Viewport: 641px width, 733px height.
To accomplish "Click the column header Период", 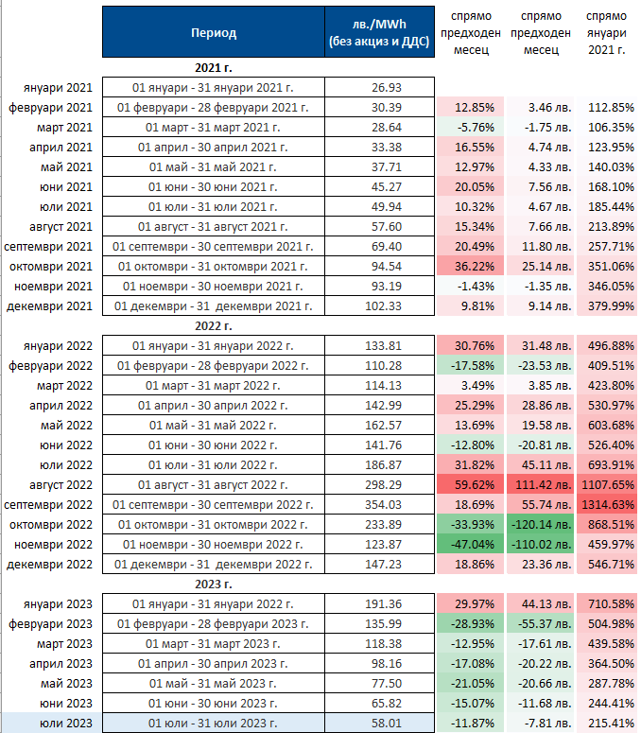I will [x=213, y=33].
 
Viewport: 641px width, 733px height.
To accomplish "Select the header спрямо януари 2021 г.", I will [x=606, y=32].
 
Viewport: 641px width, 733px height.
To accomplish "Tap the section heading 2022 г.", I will [x=213, y=326].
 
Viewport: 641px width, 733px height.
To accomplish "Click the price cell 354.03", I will [x=382, y=504].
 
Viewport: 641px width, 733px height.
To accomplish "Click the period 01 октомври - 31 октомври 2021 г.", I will [x=213, y=267].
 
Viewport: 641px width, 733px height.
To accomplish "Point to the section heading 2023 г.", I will [x=213, y=585].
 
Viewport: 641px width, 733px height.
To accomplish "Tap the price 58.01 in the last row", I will [x=382, y=724].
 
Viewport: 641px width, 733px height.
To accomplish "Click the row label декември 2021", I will [x=51, y=306].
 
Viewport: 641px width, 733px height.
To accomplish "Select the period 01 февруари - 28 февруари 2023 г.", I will [x=213, y=623].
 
